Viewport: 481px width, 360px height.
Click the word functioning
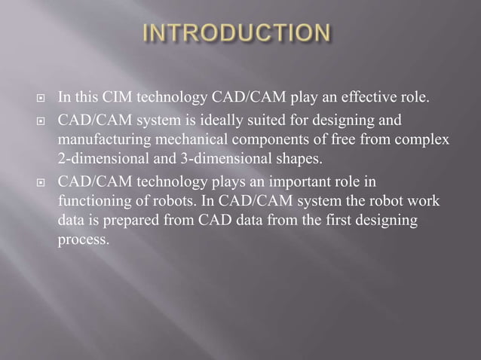click(93, 202)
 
